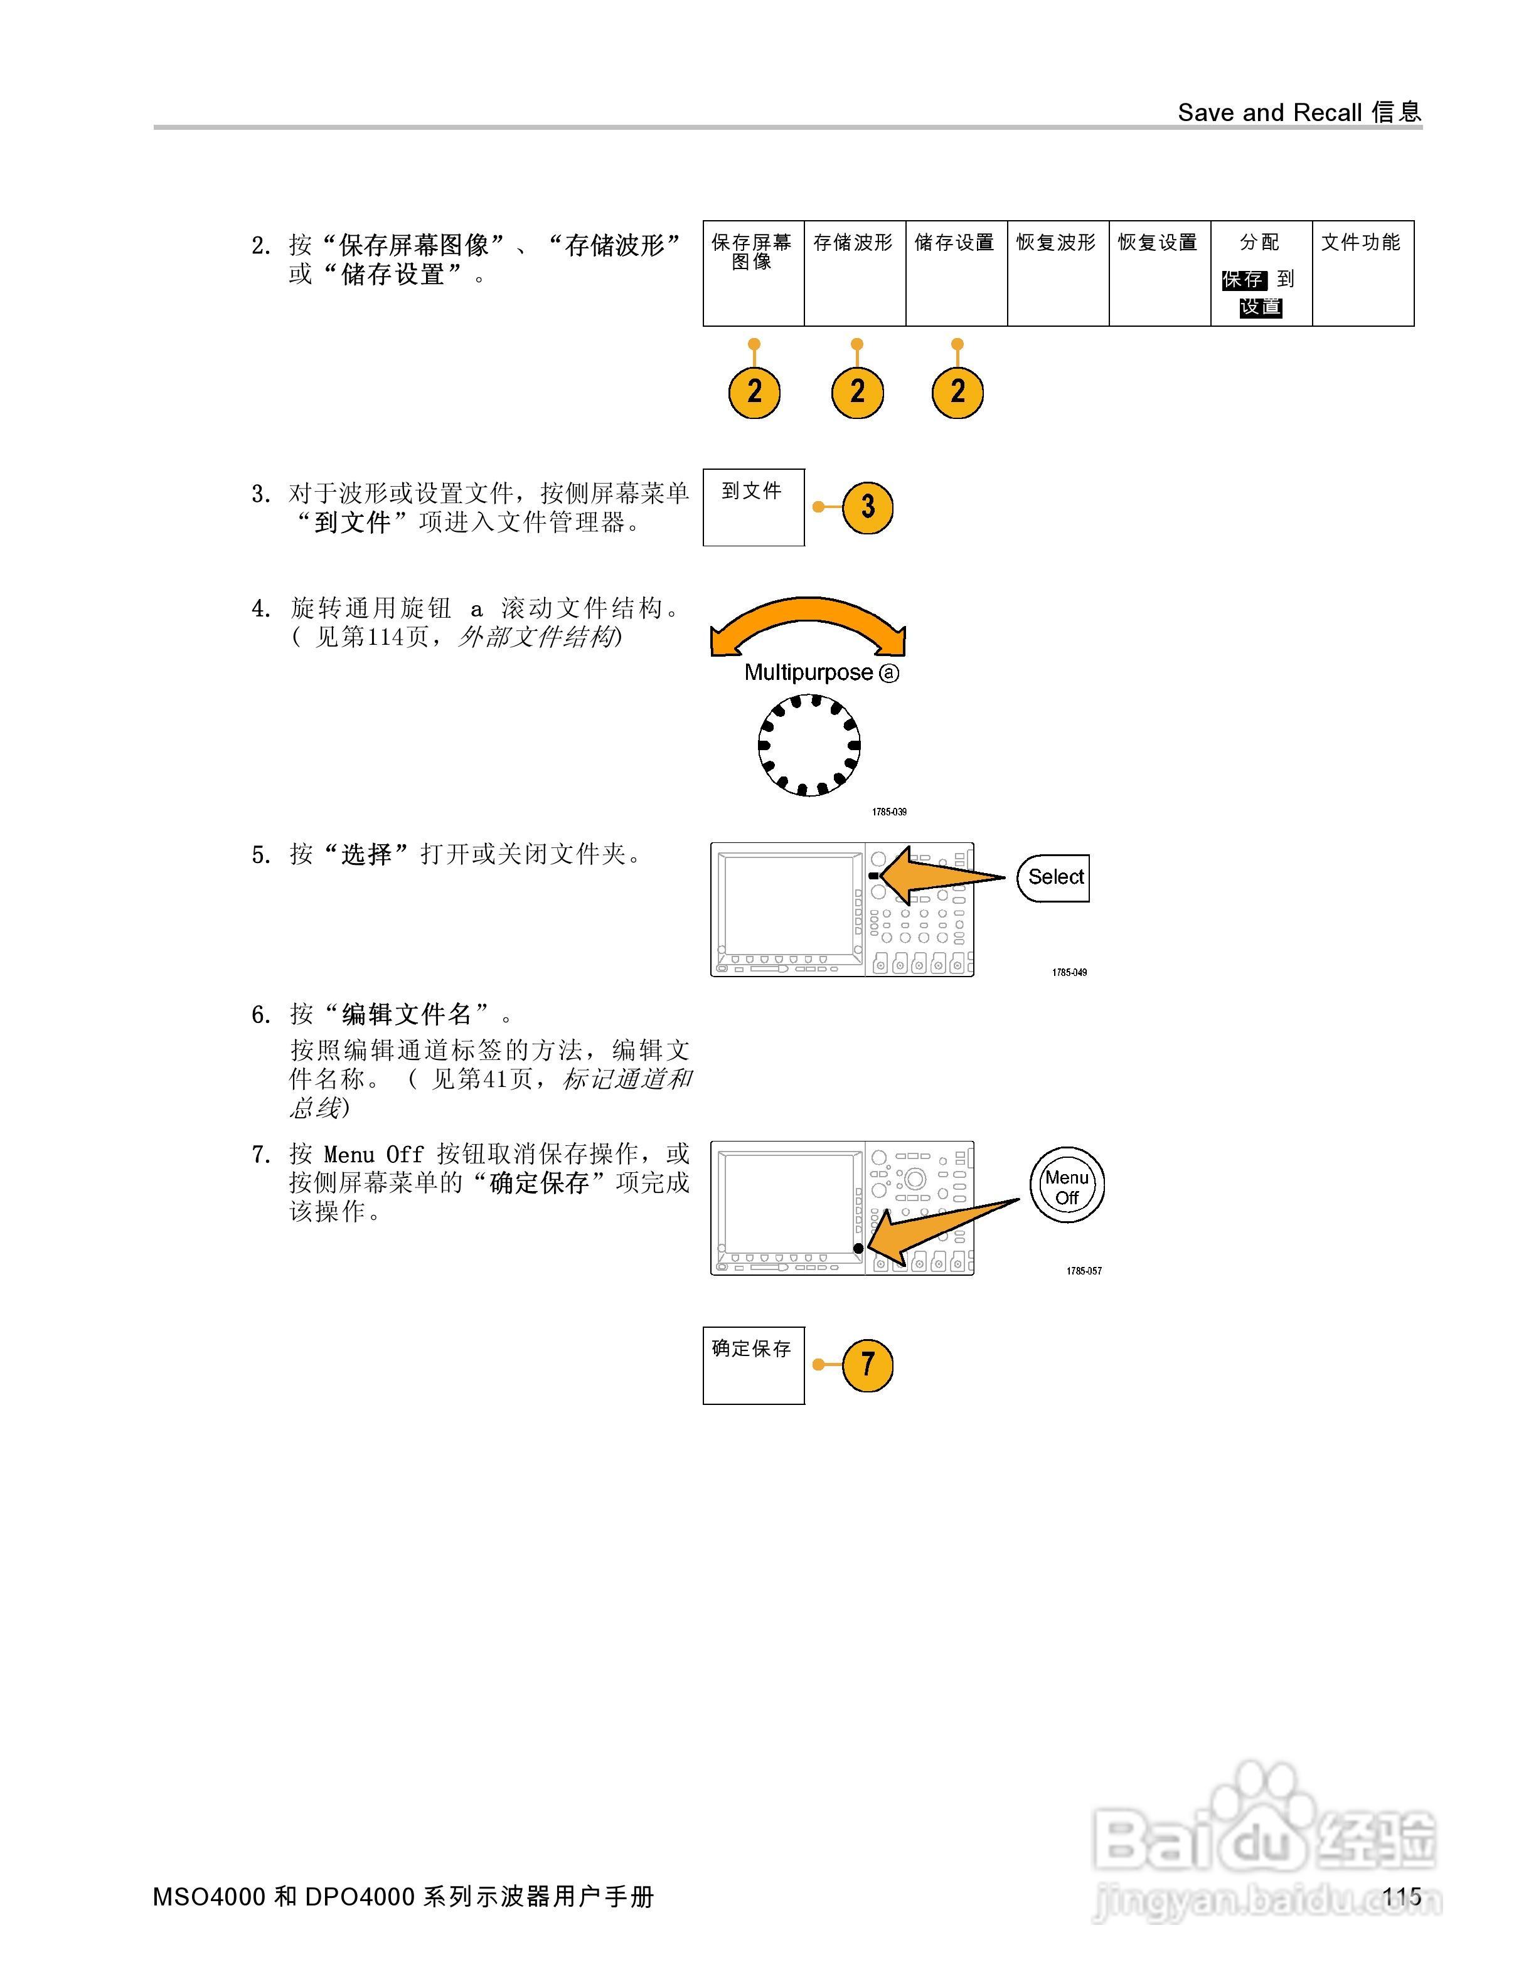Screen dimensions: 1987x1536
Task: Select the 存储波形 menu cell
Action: (855, 273)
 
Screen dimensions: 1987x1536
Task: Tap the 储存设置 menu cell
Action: (956, 273)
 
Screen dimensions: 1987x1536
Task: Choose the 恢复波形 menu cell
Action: (1057, 273)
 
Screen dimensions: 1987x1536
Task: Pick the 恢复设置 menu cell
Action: (1160, 273)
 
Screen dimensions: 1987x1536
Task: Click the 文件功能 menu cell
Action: (1362, 273)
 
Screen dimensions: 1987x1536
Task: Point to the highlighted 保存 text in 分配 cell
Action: (1243, 279)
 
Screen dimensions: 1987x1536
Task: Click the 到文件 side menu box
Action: (754, 507)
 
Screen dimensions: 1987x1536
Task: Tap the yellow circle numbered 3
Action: (867, 507)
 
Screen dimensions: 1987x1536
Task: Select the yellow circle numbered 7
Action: (867, 1365)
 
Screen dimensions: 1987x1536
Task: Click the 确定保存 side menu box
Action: (754, 1365)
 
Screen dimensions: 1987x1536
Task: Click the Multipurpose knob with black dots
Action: (809, 745)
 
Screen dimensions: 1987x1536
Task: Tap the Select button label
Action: (1055, 877)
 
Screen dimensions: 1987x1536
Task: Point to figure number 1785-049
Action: (1069, 973)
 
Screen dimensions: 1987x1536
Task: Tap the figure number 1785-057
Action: (1084, 1271)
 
